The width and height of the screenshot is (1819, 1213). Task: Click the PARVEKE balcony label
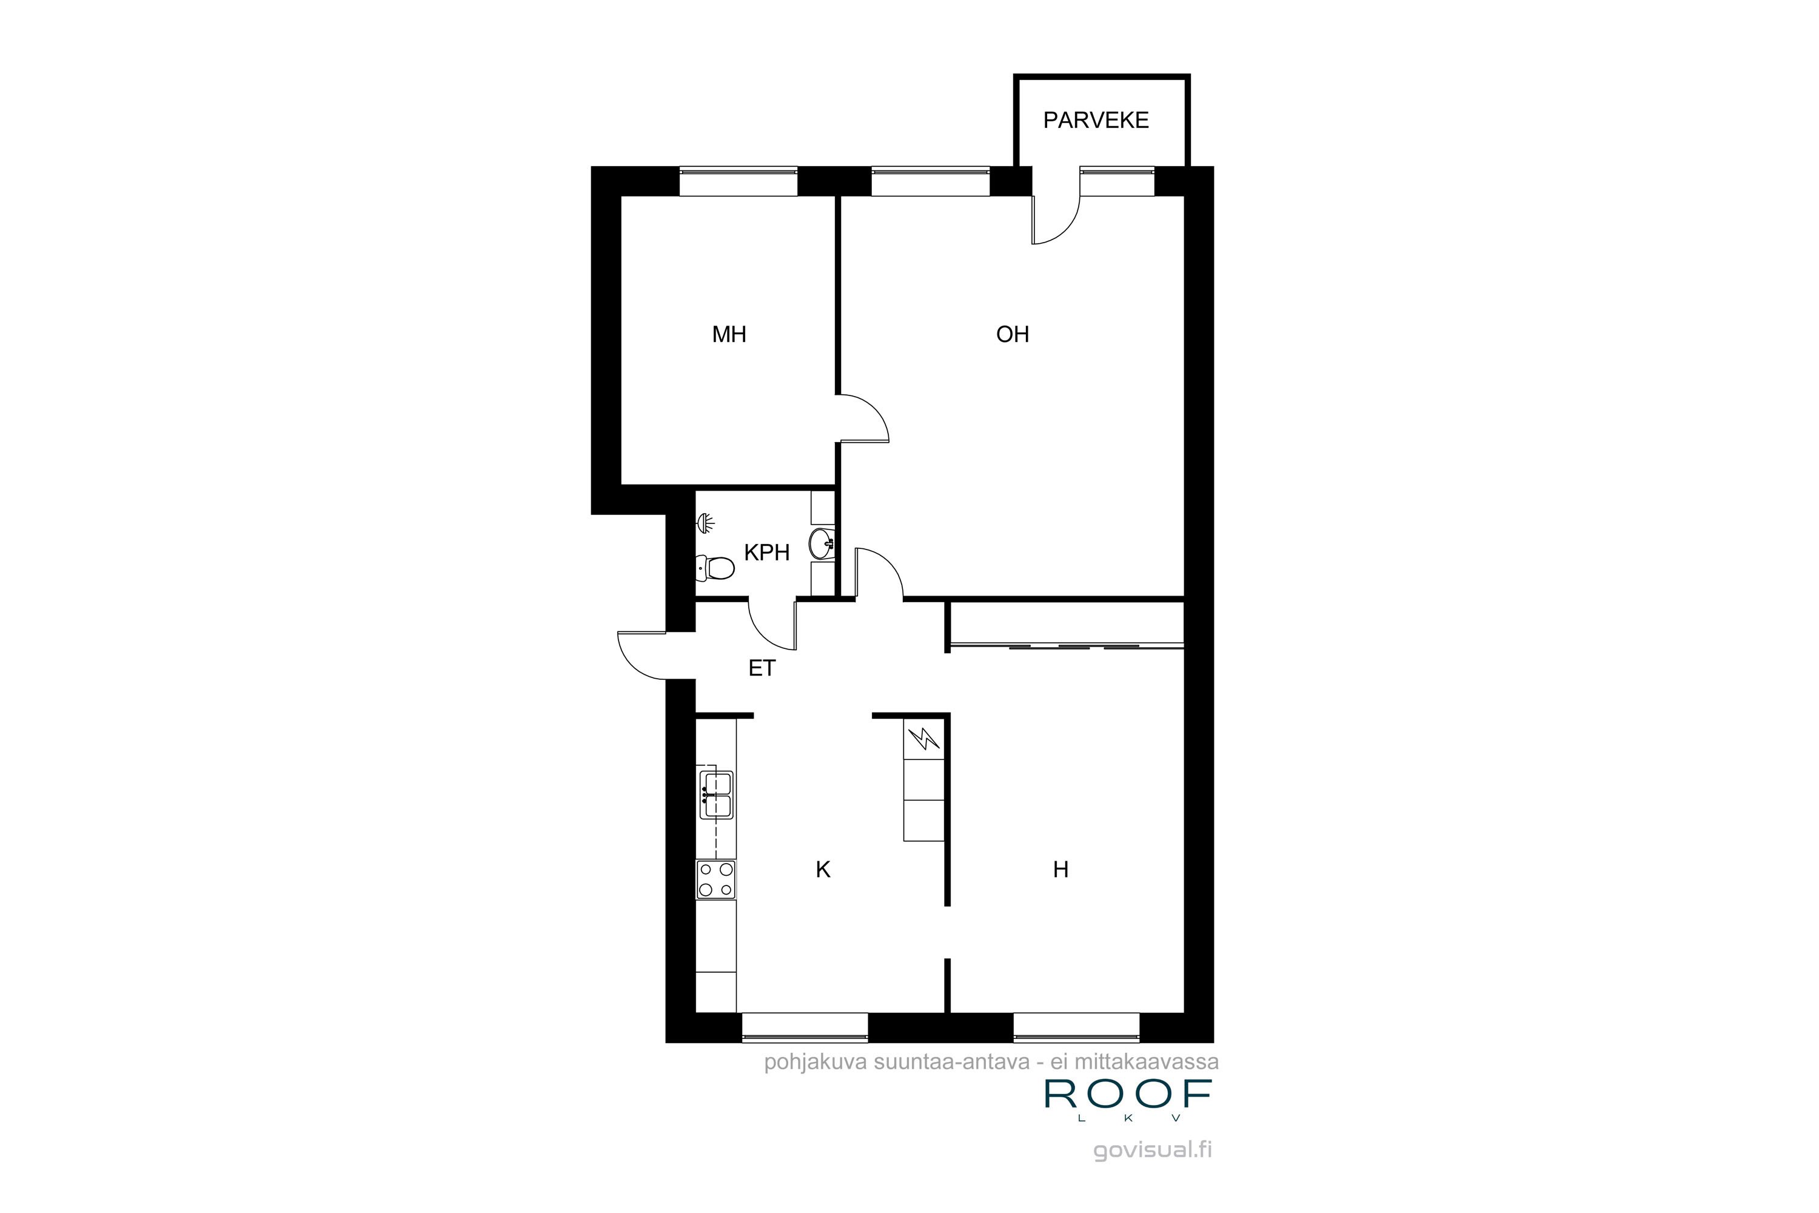point(1095,121)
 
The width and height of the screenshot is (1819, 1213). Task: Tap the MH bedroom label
point(729,334)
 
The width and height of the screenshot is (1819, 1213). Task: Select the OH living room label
point(1013,334)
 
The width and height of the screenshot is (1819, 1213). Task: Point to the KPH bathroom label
point(766,553)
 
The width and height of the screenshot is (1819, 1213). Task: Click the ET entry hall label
point(762,668)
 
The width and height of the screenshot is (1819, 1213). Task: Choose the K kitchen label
point(823,870)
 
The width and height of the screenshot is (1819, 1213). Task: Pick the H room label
point(1060,870)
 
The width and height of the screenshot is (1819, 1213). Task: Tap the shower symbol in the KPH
point(705,524)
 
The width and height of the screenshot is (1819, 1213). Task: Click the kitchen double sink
point(716,795)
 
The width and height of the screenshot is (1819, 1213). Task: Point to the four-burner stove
point(716,879)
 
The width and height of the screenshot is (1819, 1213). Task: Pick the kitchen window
point(805,1027)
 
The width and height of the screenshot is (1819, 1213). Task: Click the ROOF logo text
point(1128,1093)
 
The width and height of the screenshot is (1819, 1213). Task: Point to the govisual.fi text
point(1153,1151)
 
